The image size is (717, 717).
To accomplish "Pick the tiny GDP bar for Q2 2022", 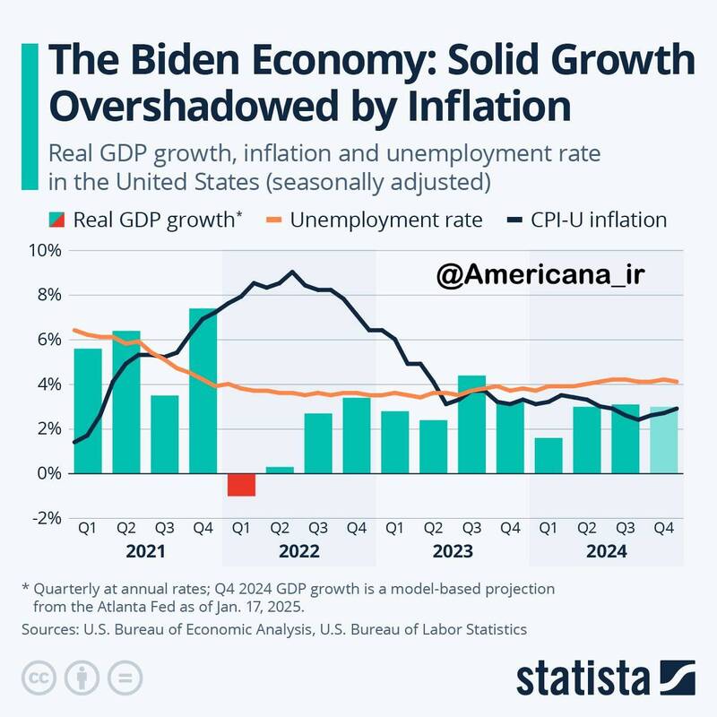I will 280,470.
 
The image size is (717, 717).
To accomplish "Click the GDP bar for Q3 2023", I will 472,423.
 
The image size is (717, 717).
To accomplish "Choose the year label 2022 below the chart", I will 298,552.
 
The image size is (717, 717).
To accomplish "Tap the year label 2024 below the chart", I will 607,552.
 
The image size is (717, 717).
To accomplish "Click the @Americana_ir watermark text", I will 540,276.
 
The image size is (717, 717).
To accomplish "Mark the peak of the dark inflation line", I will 292,272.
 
